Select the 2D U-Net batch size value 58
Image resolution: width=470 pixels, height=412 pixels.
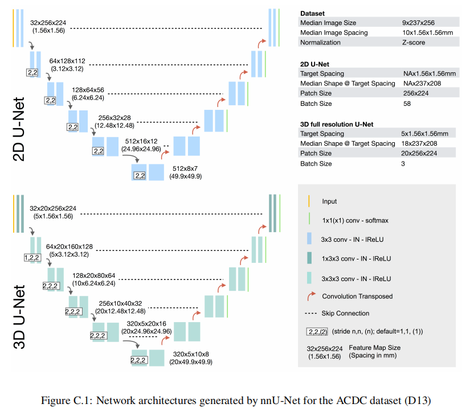(x=406, y=104)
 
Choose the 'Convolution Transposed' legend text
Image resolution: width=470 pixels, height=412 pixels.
(x=357, y=296)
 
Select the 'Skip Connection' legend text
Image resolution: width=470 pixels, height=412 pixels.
(x=345, y=313)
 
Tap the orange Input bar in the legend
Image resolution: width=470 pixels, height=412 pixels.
(x=309, y=201)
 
